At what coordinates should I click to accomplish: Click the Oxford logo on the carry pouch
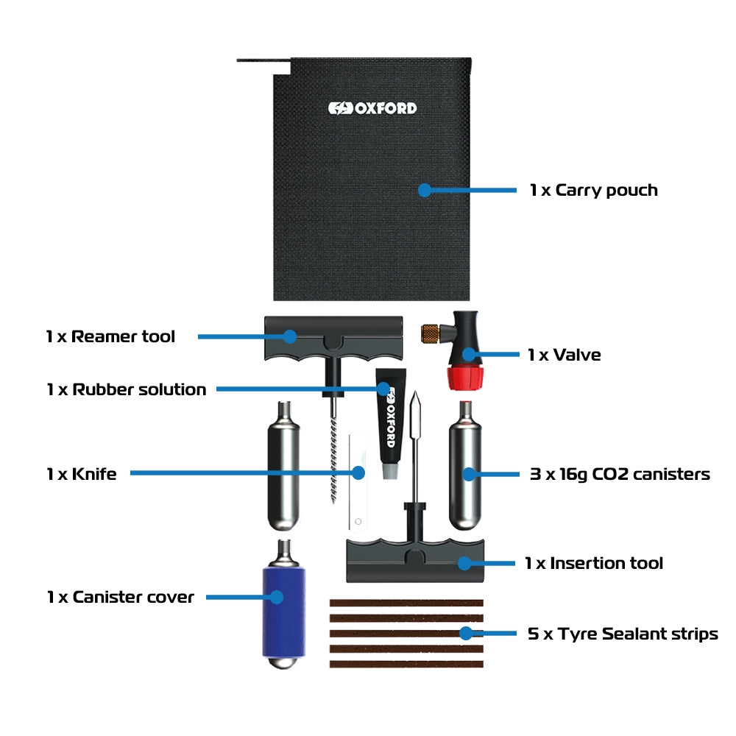point(372,108)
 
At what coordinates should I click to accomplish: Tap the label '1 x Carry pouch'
point(593,191)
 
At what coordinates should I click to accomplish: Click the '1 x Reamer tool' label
point(110,337)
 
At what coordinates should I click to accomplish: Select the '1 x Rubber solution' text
point(126,389)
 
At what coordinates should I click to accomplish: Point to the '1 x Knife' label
point(81,474)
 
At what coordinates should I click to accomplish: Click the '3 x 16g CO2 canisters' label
point(620,474)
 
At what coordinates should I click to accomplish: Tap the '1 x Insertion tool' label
point(594,564)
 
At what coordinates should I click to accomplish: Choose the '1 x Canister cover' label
point(120,597)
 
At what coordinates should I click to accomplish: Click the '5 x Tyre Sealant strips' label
point(623,634)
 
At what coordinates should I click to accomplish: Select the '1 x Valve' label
point(564,355)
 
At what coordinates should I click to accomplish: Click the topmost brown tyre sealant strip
point(406,603)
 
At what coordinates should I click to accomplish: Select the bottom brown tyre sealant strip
point(406,664)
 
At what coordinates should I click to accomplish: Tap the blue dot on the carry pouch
point(424,190)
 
